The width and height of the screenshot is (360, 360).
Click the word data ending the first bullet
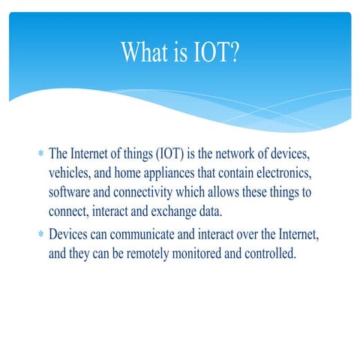point(212,211)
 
